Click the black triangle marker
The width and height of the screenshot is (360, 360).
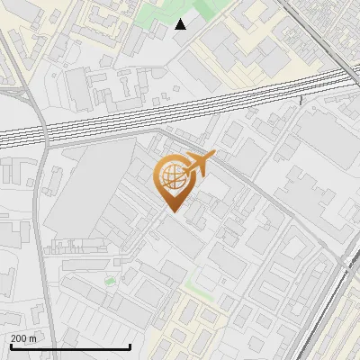pyautogui.click(x=181, y=24)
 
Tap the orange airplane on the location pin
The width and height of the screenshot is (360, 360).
pyautogui.click(x=198, y=162)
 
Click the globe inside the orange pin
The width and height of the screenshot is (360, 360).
pyautogui.click(x=171, y=176)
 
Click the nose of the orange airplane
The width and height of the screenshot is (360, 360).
pyautogui.click(x=213, y=155)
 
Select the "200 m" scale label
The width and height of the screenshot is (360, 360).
pyautogui.click(x=23, y=338)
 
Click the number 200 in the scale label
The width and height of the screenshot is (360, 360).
pyautogui.click(x=19, y=338)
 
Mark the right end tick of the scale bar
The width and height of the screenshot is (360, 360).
pyautogui.click(x=130, y=345)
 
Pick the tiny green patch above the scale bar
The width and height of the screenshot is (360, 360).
pyautogui.click(x=110, y=281)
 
